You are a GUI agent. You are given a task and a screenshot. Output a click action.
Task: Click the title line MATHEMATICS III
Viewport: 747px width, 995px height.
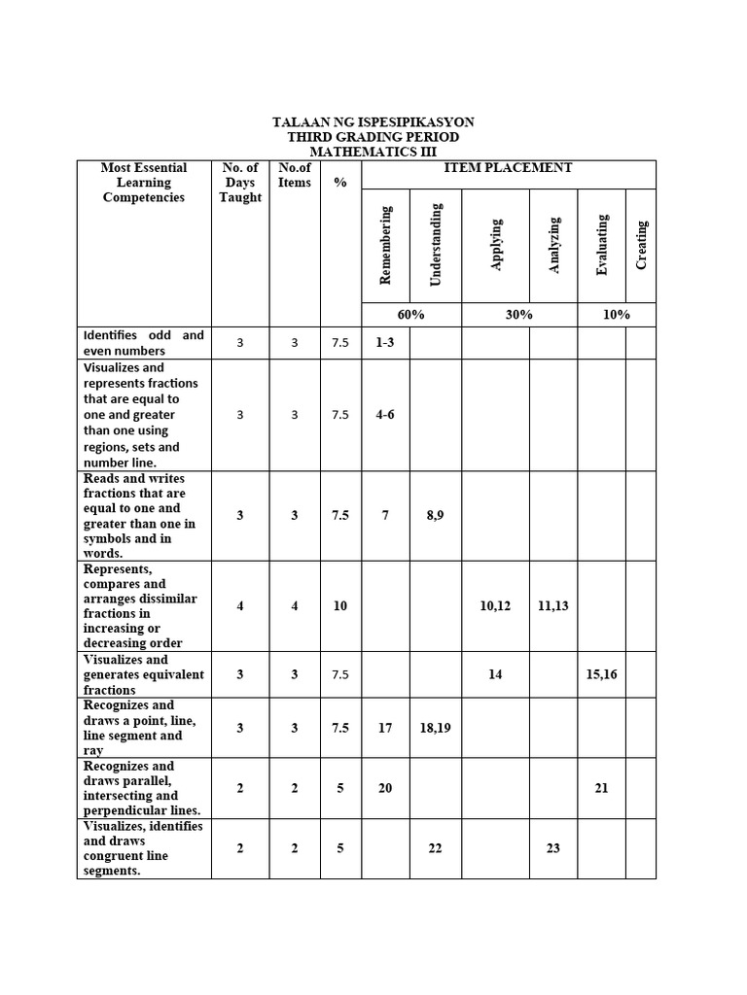[373, 153]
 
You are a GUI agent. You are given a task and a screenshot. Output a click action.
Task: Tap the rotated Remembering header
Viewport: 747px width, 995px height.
[385, 245]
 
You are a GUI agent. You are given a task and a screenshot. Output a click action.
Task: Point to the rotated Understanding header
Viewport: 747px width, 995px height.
[436, 244]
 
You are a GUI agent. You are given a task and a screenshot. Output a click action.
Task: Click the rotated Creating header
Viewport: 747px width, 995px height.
[641, 245]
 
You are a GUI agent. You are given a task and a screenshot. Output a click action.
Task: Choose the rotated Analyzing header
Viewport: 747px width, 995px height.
[554, 246]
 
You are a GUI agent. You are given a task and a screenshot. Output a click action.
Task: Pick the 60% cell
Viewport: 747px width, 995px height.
[410, 315]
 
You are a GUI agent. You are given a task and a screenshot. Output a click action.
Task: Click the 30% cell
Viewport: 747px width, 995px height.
[518, 315]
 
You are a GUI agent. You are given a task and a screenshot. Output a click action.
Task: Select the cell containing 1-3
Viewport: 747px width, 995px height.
[385, 343]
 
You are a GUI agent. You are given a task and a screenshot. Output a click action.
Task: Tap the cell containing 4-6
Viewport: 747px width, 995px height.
[385, 415]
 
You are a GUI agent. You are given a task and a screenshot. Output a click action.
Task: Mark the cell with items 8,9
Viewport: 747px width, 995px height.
[435, 516]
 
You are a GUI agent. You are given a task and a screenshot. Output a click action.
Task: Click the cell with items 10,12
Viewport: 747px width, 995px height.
[495, 606]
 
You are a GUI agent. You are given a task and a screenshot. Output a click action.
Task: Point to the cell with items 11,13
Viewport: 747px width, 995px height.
[553, 606]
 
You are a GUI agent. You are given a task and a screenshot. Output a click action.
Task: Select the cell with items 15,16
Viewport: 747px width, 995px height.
[601, 674]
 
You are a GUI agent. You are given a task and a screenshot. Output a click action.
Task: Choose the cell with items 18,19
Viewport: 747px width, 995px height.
[435, 728]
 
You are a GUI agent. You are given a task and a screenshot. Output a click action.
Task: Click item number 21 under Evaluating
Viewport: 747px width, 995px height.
[601, 788]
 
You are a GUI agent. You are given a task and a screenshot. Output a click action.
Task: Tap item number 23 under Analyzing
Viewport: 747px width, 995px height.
[553, 848]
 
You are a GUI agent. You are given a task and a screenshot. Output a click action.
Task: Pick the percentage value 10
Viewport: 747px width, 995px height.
[340, 606]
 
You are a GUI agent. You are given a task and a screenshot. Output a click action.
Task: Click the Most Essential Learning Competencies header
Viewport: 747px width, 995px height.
[144, 183]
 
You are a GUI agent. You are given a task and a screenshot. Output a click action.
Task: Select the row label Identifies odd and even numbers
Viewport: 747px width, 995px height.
[144, 343]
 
